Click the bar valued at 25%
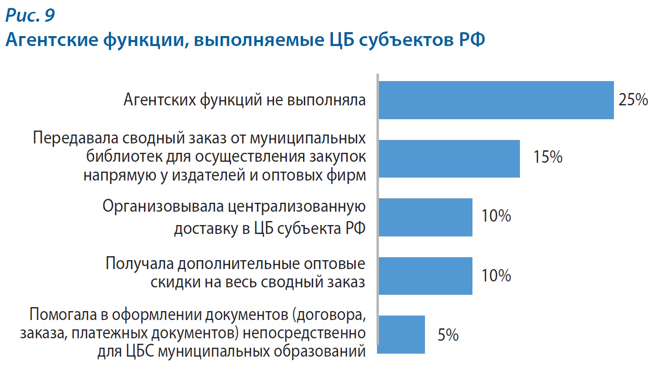click(496, 100)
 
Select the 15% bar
click(449, 158)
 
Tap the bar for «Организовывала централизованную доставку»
click(425, 217)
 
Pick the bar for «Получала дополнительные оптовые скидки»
click(425, 276)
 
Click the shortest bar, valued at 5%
click(401, 334)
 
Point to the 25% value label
click(633, 100)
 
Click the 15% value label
click(548, 158)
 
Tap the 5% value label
click(448, 335)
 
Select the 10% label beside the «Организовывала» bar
click(496, 217)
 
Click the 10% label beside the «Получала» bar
click(496, 275)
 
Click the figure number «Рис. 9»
click(30, 16)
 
